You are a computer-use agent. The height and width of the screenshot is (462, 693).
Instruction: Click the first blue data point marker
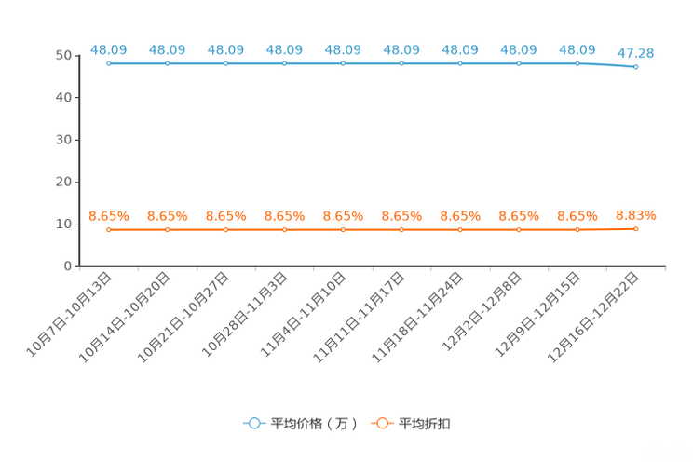109,63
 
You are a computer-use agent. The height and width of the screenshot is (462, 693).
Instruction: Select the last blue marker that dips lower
636,67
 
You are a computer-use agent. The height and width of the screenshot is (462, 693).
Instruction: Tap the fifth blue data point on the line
344,63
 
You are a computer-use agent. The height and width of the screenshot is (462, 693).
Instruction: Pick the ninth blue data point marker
577,63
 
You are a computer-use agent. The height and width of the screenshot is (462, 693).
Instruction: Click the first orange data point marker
109,229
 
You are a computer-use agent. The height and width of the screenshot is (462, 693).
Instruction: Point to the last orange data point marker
636,227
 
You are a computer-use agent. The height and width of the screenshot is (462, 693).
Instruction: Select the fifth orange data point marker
344,229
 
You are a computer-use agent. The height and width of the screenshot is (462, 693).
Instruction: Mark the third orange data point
226,229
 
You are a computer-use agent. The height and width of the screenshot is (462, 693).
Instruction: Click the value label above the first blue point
109,48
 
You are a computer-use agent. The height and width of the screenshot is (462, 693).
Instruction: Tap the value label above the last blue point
636,53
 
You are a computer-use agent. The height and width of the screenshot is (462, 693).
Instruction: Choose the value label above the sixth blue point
401,48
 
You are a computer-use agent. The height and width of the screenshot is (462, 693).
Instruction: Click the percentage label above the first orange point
109,215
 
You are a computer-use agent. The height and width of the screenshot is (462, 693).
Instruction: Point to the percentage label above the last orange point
636,214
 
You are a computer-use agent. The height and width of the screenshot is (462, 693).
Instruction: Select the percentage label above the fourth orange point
285,215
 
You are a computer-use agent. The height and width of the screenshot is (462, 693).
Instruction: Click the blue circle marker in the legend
253,423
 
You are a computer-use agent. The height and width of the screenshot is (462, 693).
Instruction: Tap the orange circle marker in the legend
381,423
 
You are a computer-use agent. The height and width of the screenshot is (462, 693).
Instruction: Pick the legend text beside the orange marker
425,424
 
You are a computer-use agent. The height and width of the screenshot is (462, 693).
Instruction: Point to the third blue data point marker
226,63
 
